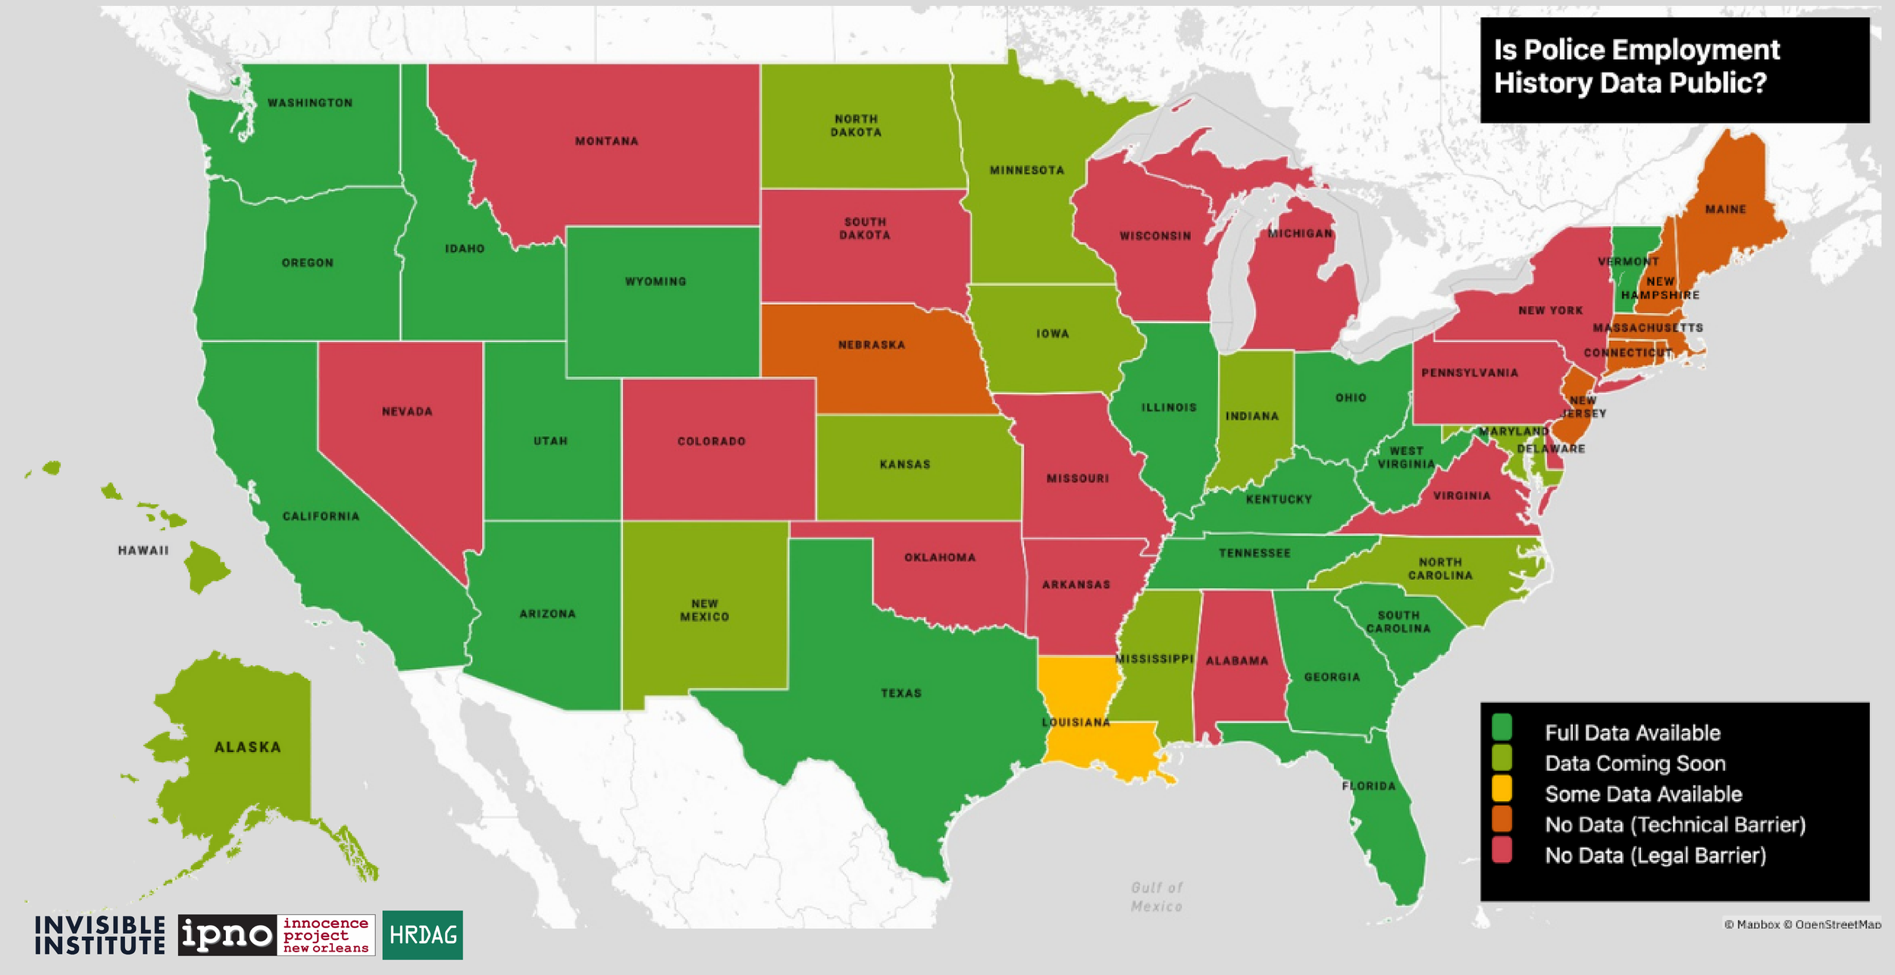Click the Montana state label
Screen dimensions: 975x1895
(x=606, y=141)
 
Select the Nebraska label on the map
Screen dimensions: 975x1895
(x=872, y=345)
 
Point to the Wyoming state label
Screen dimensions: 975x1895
(x=656, y=281)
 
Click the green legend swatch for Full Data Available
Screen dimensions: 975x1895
(x=1502, y=726)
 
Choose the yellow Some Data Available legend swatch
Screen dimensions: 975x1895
(x=1502, y=788)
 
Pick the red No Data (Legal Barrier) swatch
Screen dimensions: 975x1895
(x=1502, y=850)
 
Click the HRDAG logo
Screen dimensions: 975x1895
(x=422, y=935)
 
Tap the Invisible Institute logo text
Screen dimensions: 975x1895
(x=99, y=935)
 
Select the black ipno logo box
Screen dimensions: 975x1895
(x=227, y=935)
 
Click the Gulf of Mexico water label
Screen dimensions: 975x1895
(x=1156, y=897)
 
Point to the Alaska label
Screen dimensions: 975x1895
(x=248, y=747)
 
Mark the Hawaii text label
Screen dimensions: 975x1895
(x=143, y=550)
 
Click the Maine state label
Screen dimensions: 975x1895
(x=1726, y=209)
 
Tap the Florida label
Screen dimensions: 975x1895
(x=1369, y=785)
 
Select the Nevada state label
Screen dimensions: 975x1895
(x=407, y=412)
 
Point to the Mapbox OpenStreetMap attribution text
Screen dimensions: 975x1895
(x=1802, y=924)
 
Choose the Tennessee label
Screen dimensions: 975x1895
(x=1254, y=553)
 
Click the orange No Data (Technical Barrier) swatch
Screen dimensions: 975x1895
(x=1502, y=819)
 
